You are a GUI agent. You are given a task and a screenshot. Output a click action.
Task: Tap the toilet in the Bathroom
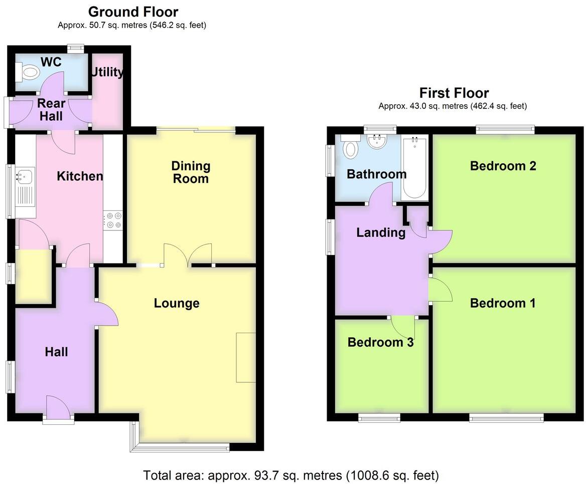pos(350,148)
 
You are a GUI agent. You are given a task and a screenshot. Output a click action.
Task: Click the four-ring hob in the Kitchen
pos(112,220)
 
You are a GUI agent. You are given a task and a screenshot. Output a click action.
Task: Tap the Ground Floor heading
pos(133,12)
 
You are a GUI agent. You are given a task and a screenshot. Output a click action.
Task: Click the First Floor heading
pos(454,93)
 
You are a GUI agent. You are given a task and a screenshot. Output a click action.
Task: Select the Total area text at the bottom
pos(291,474)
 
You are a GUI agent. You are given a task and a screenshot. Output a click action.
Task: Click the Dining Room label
pos(191,172)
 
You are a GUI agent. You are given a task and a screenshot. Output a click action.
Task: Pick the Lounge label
pos(177,303)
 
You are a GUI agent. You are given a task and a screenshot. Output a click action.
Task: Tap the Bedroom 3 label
pos(380,342)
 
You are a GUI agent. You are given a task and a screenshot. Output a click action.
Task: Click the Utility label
pos(107,72)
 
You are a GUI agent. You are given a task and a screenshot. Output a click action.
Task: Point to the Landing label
pos(381,232)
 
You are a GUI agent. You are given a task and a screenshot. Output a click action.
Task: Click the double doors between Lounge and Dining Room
pos(188,255)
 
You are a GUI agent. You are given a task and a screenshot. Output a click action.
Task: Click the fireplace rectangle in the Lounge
pos(246,357)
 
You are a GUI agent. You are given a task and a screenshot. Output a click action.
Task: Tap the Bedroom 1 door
pos(440,290)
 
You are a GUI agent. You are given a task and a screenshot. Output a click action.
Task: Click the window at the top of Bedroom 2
pos(505,130)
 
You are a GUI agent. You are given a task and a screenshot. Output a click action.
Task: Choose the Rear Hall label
pos(51,109)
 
